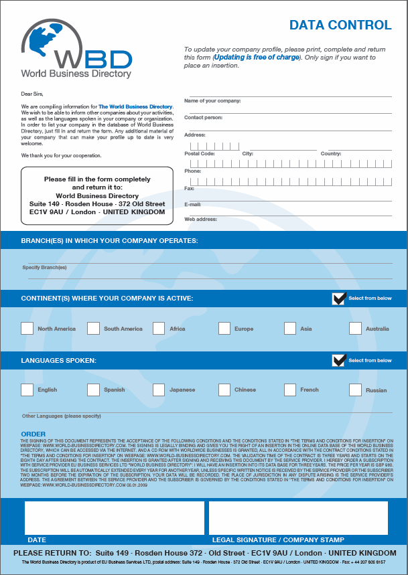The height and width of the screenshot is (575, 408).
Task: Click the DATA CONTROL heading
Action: tap(340, 25)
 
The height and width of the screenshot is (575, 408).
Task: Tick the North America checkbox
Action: tap(27, 329)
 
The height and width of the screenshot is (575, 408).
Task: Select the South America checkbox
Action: tap(93, 329)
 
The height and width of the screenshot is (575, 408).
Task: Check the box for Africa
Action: tap(159, 329)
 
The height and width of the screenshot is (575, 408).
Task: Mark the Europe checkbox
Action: tap(224, 329)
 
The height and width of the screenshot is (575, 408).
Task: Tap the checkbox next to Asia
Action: tap(290, 329)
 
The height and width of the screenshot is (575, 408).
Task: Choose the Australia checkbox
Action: tap(355, 329)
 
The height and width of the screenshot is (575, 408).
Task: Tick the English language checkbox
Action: tap(27, 390)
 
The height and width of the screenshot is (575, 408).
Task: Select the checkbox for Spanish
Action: tap(93, 390)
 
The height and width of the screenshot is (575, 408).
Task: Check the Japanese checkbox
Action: tap(159, 390)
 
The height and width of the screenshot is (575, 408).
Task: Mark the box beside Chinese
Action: tap(224, 390)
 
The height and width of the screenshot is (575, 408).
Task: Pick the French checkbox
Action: tap(290, 390)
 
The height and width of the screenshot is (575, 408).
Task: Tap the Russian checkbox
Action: tap(355, 390)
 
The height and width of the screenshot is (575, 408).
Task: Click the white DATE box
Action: tap(115, 518)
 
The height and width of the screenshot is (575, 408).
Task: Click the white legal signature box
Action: tap(298, 518)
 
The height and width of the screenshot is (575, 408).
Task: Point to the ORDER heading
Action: tap(33, 434)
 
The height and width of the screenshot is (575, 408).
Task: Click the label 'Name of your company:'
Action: tap(212, 101)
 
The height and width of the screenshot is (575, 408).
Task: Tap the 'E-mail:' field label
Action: tap(193, 204)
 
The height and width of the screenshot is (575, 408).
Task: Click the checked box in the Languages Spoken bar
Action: tap(339, 360)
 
